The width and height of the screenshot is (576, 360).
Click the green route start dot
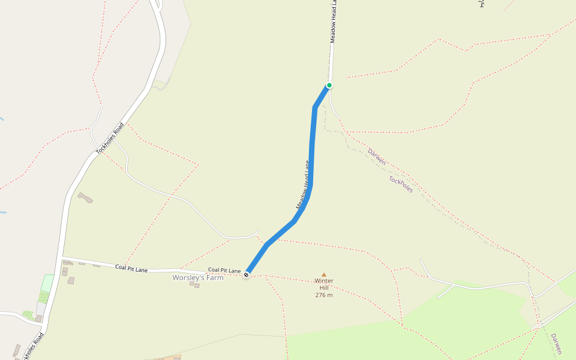(x=329, y=85)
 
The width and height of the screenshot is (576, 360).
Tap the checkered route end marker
(x=246, y=275)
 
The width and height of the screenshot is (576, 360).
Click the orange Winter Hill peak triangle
(x=324, y=275)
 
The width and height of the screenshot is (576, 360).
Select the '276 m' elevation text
(x=324, y=295)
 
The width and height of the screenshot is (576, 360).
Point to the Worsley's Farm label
(x=198, y=278)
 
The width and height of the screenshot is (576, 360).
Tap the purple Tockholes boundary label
(x=401, y=184)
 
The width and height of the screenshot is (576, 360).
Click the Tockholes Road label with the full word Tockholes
(x=110, y=138)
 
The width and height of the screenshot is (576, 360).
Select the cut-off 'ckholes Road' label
(x=33, y=347)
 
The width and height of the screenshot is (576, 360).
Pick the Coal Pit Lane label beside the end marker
(x=224, y=271)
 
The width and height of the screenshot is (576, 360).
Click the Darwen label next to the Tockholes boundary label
(x=377, y=157)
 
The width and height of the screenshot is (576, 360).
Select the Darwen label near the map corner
(x=556, y=344)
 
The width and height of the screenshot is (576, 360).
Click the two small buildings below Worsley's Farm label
(x=194, y=284)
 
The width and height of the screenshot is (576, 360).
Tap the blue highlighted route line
(x=312, y=150)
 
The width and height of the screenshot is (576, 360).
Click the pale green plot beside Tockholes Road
(x=47, y=283)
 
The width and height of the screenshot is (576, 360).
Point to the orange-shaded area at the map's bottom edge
(x=168, y=358)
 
